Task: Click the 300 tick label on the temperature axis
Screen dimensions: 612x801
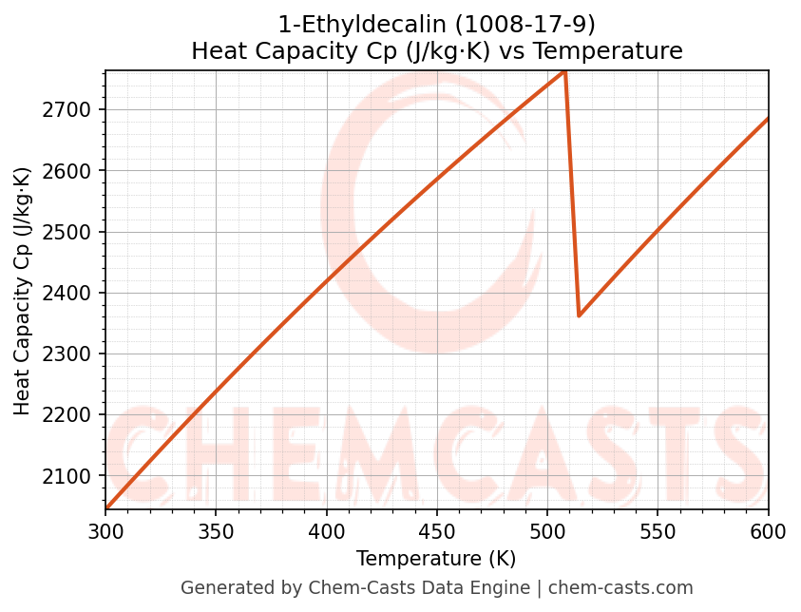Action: click(105, 532)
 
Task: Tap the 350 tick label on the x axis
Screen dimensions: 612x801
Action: click(216, 532)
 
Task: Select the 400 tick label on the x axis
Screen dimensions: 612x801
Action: click(326, 532)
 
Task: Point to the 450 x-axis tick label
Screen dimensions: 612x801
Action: click(437, 532)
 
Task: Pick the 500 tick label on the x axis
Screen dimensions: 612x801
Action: click(547, 532)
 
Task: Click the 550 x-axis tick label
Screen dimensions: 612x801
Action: click(658, 532)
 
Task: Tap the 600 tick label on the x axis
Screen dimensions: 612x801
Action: click(768, 532)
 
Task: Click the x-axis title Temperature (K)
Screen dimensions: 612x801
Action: click(436, 559)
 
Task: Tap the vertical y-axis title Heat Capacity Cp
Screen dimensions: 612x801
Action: click(23, 291)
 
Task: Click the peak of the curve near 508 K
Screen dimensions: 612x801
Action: click(565, 72)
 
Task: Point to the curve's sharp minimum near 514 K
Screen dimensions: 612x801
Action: click(579, 316)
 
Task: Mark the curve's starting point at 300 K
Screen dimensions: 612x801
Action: click(106, 508)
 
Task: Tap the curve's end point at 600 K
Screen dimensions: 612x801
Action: click(768, 119)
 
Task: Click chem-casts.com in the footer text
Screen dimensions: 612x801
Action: click(620, 588)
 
